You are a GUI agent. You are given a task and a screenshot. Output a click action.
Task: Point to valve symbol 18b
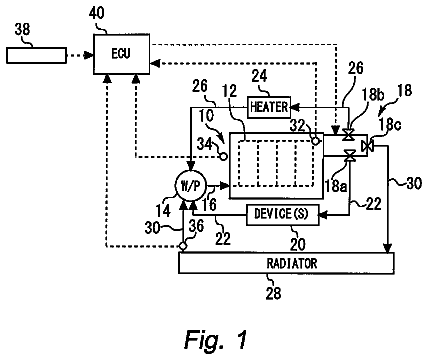click(x=349, y=135)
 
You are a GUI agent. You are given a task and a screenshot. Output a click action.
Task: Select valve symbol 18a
click(x=349, y=155)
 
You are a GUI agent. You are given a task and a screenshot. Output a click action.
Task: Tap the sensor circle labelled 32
click(x=315, y=141)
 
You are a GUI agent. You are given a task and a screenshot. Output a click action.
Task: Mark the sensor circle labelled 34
click(x=223, y=155)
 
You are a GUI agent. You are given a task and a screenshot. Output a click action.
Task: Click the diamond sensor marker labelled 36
click(x=183, y=246)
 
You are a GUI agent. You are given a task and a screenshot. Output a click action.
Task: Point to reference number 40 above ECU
click(x=97, y=14)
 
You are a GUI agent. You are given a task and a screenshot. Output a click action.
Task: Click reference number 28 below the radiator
click(x=273, y=293)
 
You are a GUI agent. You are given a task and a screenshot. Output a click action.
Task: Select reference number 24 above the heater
click(x=259, y=76)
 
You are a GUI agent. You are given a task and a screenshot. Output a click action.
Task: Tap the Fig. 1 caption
click(x=216, y=339)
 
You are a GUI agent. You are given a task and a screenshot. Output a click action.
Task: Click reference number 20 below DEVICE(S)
click(x=298, y=244)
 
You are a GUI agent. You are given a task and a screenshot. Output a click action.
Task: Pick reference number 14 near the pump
click(x=163, y=211)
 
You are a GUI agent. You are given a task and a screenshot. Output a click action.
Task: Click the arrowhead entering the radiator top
click(x=387, y=248)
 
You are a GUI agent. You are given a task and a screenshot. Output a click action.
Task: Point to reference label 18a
click(x=336, y=186)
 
